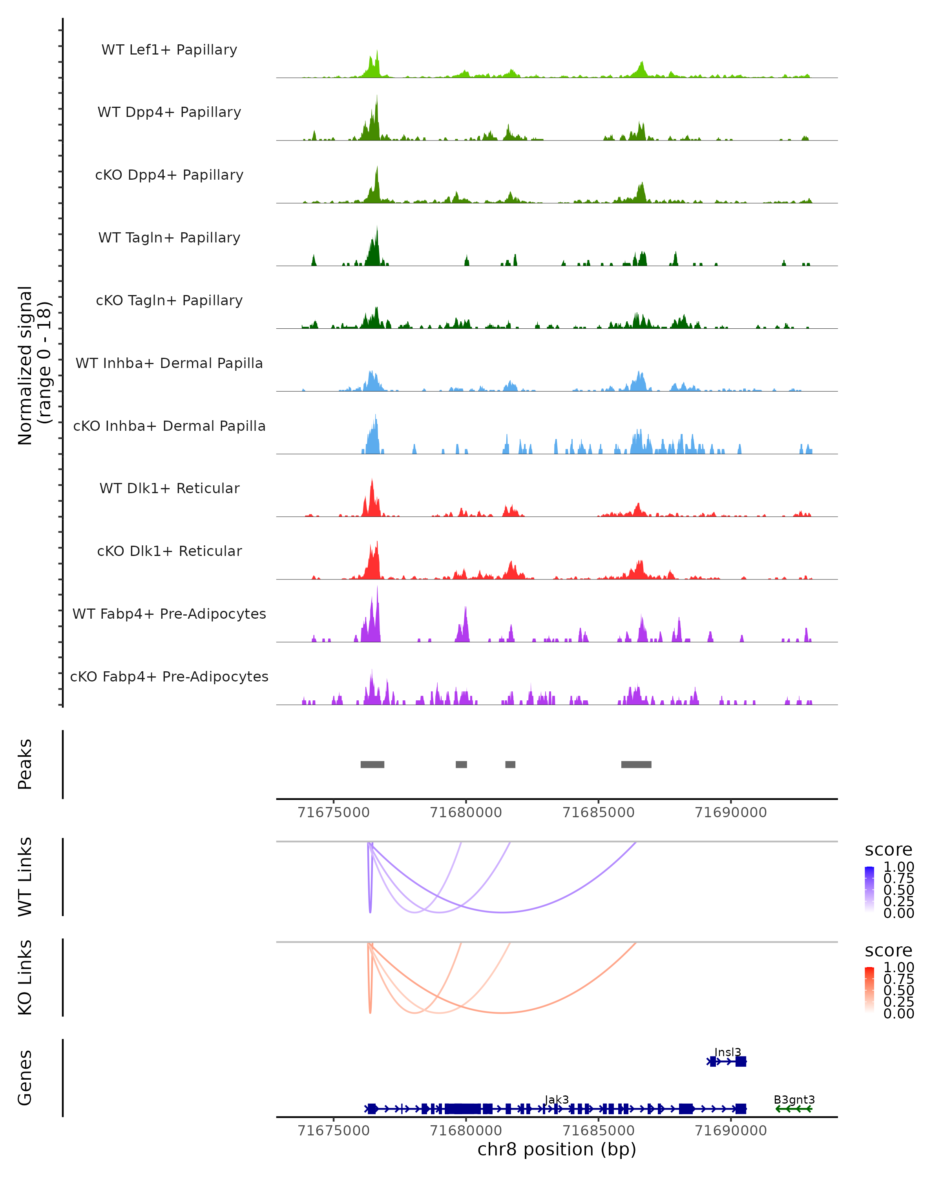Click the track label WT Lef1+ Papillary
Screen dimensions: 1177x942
(x=169, y=50)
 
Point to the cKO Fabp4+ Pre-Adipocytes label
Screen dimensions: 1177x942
(x=169, y=676)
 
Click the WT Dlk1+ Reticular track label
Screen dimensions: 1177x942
(x=169, y=488)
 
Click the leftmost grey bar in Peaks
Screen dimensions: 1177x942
(x=372, y=764)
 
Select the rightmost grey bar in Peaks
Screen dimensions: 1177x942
(x=636, y=764)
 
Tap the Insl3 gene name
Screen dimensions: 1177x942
(x=728, y=1052)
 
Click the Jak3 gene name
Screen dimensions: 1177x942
(x=557, y=1099)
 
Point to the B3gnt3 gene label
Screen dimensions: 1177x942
(x=794, y=1099)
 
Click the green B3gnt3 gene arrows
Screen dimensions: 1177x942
(x=794, y=1109)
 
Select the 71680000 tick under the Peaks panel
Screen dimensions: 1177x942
(x=466, y=813)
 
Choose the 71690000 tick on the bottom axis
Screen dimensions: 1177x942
(x=731, y=1131)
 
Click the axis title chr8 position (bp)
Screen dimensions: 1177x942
(x=557, y=1150)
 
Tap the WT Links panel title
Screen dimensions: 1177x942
(x=25, y=877)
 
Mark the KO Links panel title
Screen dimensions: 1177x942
(x=25, y=978)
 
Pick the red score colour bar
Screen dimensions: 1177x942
(x=869, y=990)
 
